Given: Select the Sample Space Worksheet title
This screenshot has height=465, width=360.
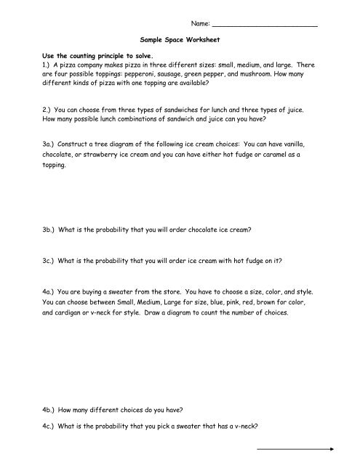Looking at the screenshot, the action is point(180,44).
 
